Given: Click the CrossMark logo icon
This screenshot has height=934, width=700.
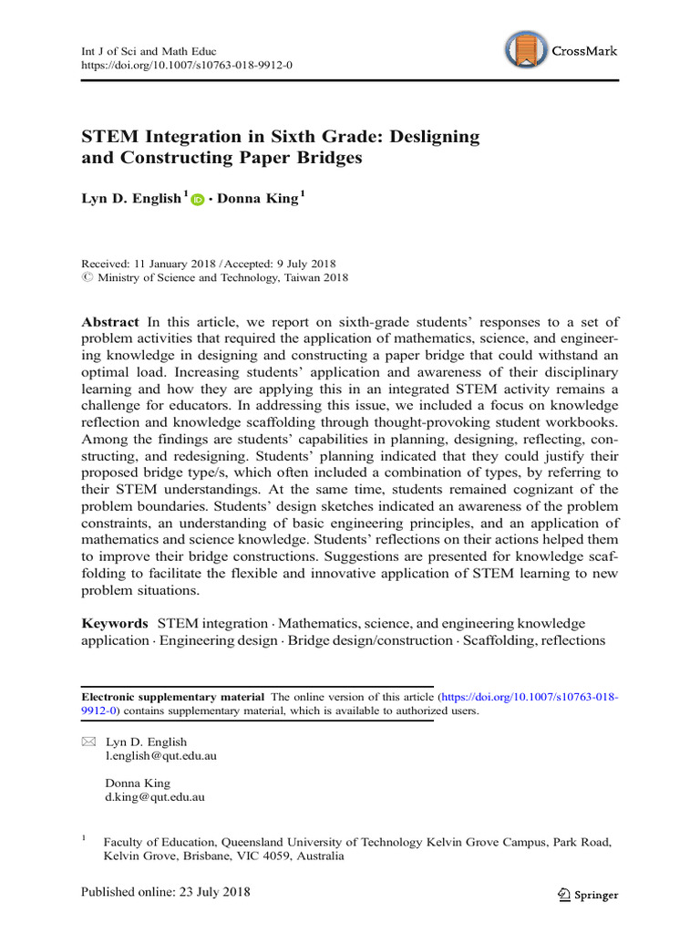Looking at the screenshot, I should coord(527,51).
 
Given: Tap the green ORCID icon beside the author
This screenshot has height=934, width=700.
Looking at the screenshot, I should coord(198,201).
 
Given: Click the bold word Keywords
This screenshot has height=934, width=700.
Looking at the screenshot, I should coord(115,622).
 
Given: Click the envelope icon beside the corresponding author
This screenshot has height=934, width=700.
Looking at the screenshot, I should coord(87,742).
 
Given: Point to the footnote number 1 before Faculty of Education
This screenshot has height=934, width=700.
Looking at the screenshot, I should coord(84,836).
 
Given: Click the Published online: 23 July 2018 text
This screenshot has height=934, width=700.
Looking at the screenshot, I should coord(166,891).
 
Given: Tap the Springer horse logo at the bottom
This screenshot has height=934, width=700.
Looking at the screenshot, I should coord(563,895).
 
